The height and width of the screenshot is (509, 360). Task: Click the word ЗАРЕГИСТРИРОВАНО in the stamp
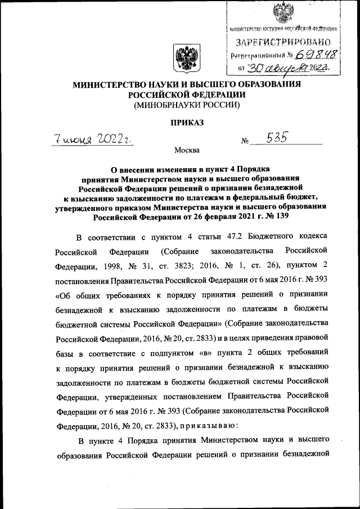click(283, 42)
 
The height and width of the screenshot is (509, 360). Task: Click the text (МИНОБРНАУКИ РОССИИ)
click(186, 105)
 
